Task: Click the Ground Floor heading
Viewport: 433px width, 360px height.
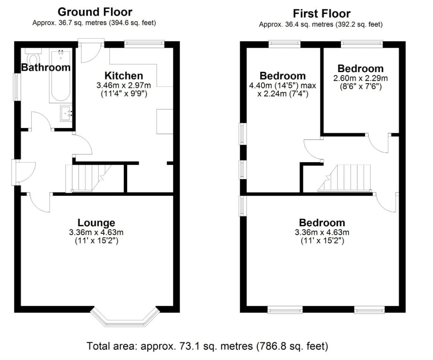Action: click(x=95, y=12)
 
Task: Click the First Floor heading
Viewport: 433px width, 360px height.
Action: click(x=321, y=14)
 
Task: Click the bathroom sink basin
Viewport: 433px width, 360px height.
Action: click(x=66, y=113)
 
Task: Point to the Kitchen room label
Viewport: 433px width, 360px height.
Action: click(x=124, y=75)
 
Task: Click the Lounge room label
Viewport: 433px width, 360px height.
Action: click(x=96, y=223)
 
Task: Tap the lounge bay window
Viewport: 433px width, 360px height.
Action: click(x=125, y=317)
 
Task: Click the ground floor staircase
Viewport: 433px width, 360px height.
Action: click(x=88, y=178)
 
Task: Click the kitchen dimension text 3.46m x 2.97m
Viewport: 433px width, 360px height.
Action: click(x=124, y=85)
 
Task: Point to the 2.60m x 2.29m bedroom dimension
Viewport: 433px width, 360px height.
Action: click(x=360, y=78)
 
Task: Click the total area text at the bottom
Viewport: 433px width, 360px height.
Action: click(x=207, y=346)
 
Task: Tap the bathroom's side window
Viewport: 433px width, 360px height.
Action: click(x=17, y=87)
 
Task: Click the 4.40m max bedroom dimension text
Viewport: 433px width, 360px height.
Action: click(x=282, y=90)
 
